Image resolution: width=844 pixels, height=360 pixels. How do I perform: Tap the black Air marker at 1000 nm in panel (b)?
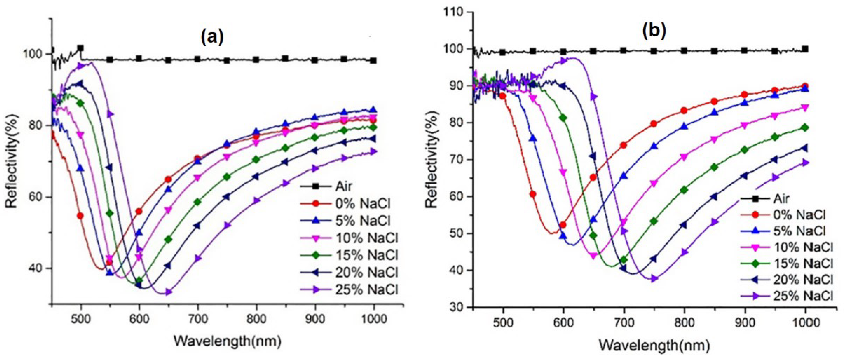click(x=805, y=49)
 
